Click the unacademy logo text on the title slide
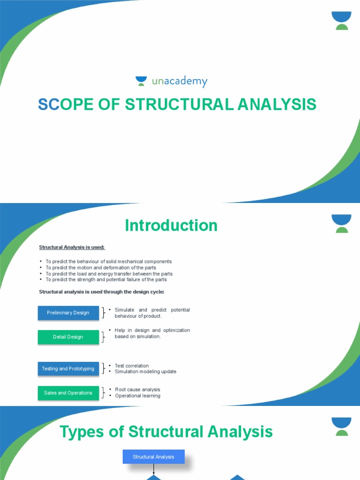coord(179,82)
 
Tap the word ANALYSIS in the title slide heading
coord(277,105)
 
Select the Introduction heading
coord(171,225)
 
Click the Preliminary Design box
coord(68,313)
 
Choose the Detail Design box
coord(68,337)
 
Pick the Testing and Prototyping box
coord(68,369)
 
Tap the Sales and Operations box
coord(68,393)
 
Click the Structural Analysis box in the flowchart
coord(153,457)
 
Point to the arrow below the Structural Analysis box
coord(154,469)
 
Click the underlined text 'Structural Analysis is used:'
coord(72,247)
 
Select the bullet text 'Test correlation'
coord(132,366)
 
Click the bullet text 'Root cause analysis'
coord(137,390)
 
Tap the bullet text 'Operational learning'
coord(137,396)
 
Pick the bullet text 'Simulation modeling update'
coord(145,372)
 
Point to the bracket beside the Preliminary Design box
coord(104,313)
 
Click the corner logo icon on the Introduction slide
coord(342,224)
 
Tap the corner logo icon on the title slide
coord(342,21)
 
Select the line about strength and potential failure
coord(106,279)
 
